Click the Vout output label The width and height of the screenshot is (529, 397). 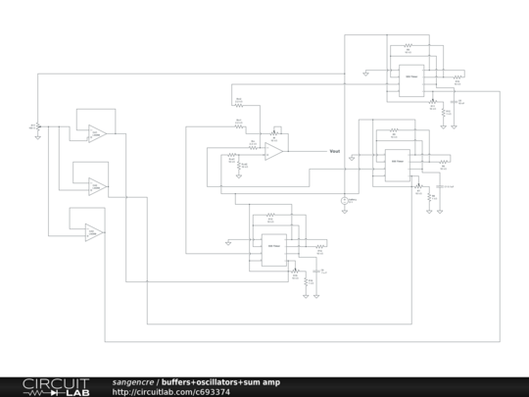point(334,151)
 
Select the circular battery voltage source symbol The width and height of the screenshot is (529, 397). point(345,201)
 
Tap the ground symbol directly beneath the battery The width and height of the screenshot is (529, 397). point(345,212)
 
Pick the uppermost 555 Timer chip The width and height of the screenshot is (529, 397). point(409,79)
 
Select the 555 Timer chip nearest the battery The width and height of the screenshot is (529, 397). point(397,163)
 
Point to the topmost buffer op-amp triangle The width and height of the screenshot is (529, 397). point(96,132)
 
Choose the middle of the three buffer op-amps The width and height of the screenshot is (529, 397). point(96,184)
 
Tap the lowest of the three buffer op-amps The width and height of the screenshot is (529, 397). point(94,232)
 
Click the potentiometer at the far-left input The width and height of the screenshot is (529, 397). point(37,126)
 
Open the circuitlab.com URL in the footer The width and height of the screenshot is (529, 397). point(170,391)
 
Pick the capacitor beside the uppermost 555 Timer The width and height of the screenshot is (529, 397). point(459,99)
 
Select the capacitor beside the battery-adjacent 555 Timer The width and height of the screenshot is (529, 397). point(434,184)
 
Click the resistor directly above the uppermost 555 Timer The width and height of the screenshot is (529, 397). point(409,44)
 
